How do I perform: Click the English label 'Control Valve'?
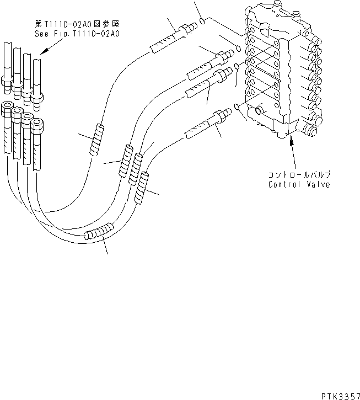(x=299, y=184)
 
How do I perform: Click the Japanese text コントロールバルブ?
(x=299, y=175)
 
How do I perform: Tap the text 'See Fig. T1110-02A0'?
(x=77, y=34)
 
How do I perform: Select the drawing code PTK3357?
(x=340, y=396)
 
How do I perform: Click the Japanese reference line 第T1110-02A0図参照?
(x=77, y=24)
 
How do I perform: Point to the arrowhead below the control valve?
(x=291, y=140)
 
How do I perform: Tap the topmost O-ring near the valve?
(x=202, y=21)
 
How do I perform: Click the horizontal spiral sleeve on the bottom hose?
(x=99, y=231)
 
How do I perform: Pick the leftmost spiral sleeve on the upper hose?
(x=97, y=139)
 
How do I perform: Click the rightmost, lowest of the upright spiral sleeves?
(x=142, y=188)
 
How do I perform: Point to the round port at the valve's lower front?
(x=259, y=110)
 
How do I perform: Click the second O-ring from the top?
(x=238, y=48)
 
